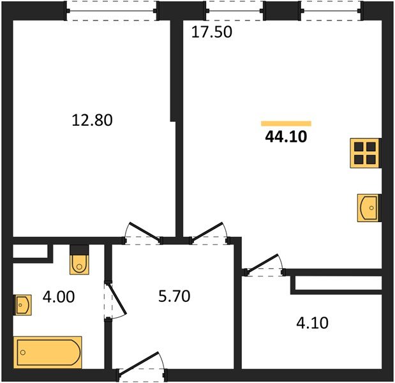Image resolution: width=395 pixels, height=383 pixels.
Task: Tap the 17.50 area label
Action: click(x=211, y=32)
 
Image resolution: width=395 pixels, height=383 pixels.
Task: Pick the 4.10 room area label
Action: click(x=312, y=323)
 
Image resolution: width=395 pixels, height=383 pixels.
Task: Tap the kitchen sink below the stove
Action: click(x=368, y=207)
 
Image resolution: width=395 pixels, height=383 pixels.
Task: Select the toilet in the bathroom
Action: click(x=78, y=260)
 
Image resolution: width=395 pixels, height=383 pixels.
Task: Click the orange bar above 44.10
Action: click(x=286, y=123)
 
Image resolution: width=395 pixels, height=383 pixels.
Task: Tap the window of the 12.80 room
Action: click(x=113, y=10)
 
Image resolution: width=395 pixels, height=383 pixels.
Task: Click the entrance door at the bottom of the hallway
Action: click(x=141, y=366)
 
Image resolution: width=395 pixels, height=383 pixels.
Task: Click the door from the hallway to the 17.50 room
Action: click(x=209, y=234)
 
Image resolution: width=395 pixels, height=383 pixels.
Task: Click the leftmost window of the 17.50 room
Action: click(x=233, y=10)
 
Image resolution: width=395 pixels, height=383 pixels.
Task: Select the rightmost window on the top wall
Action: click(x=330, y=10)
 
